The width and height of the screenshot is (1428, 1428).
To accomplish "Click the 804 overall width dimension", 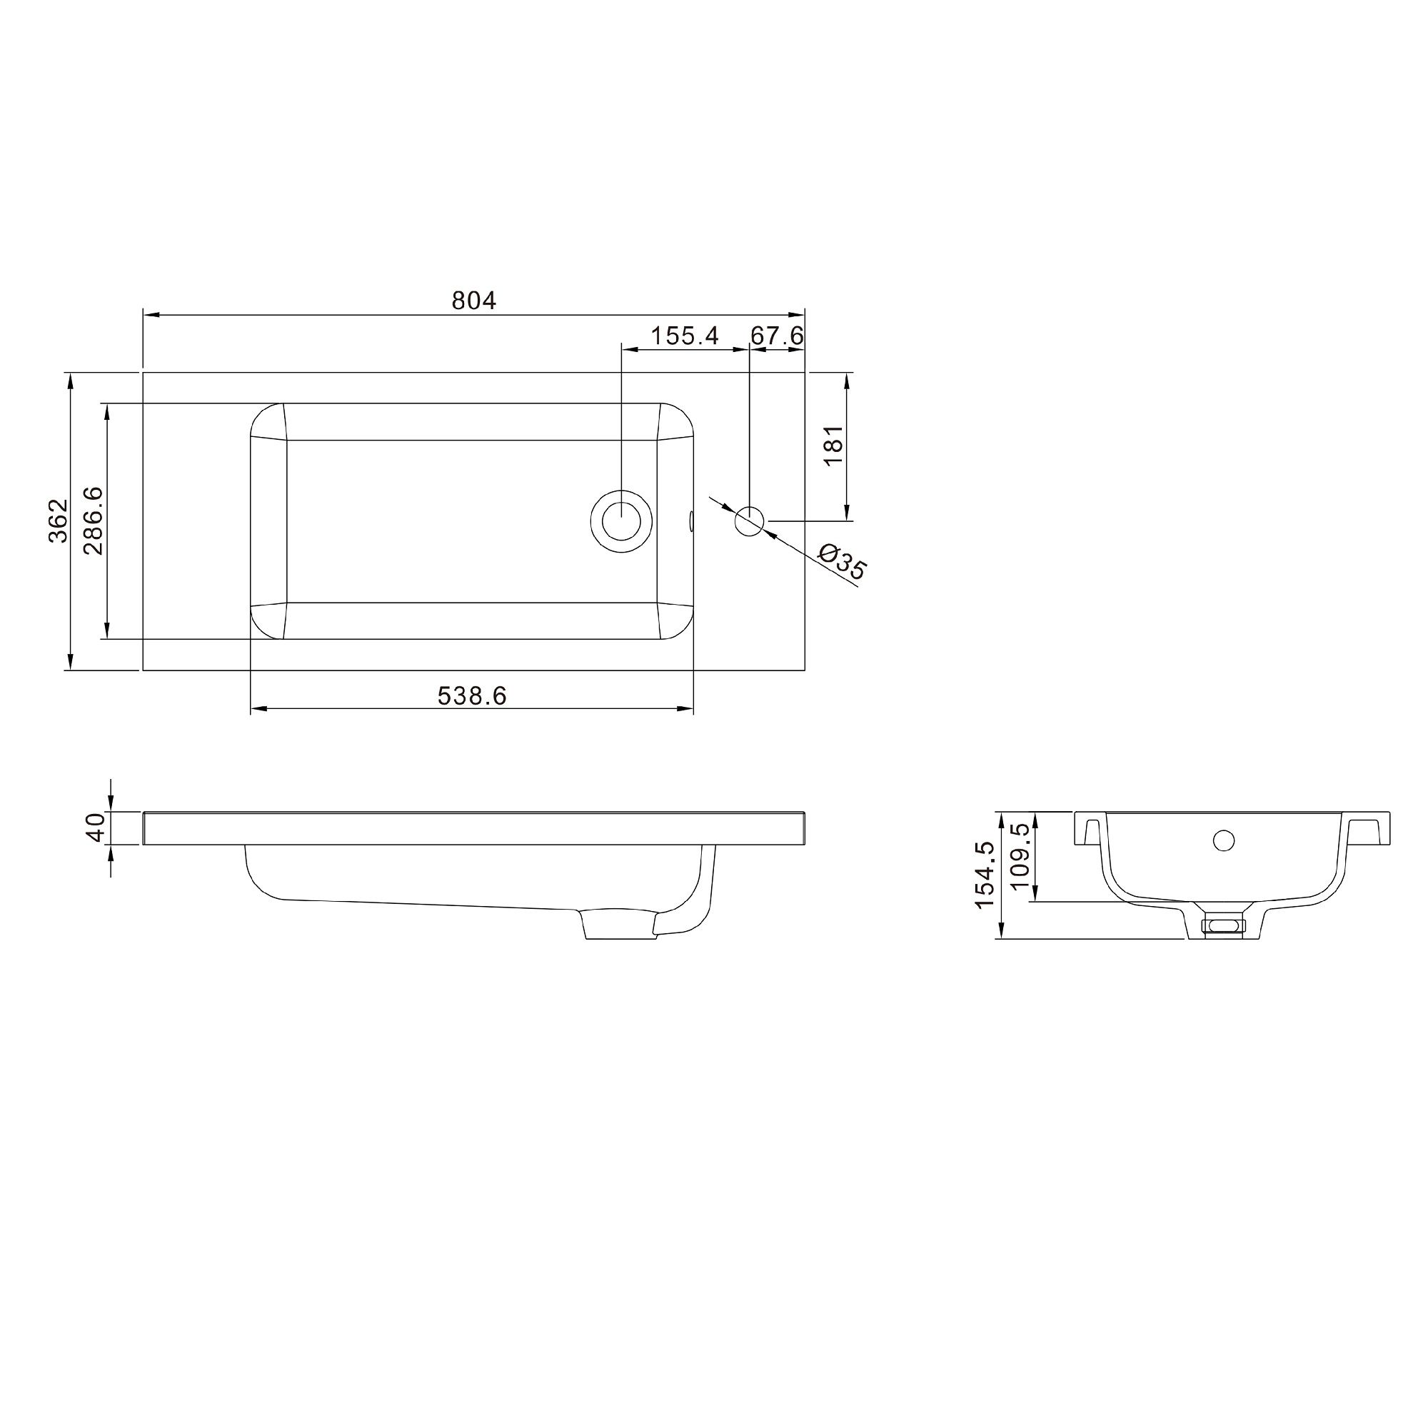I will (474, 300).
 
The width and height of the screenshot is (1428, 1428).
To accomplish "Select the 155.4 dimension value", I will (684, 336).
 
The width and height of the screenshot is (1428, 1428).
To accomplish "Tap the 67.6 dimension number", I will (776, 336).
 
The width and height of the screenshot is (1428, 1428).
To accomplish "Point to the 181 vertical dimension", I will (833, 446).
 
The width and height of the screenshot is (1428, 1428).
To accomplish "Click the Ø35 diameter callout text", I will (843, 562).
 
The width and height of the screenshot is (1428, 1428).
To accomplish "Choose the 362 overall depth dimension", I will (59, 521).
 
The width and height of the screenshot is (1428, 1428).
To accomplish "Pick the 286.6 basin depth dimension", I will (93, 521).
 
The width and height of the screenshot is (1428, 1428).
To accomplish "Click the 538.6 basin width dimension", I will (471, 695).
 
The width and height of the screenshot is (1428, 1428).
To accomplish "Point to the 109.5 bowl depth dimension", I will (1020, 857).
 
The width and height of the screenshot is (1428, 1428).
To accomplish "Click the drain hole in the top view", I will (622, 521).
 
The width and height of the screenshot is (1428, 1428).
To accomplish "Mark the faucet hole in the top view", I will (750, 521).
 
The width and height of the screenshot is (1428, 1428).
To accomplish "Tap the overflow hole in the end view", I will (1224, 840).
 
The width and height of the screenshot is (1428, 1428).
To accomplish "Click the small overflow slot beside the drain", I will (691, 521).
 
